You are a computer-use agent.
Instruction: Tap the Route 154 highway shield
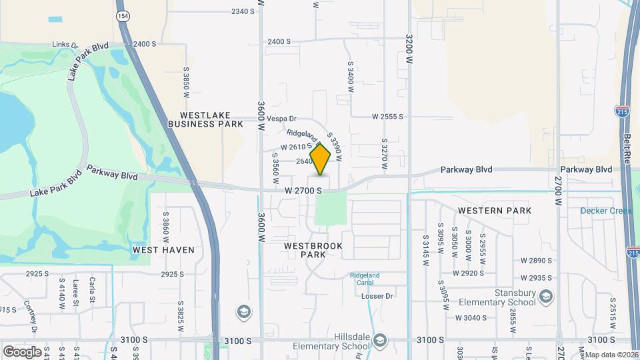click(x=123, y=15)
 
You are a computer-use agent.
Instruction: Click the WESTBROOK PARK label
click(x=313, y=250)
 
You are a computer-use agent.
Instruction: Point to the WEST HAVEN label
click(x=163, y=250)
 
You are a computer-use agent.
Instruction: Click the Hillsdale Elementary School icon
click(x=380, y=341)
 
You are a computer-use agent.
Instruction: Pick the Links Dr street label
click(x=65, y=44)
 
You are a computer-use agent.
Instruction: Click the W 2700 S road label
click(x=303, y=191)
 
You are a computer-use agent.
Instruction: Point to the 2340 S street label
click(x=243, y=11)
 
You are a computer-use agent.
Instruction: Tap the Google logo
click(x=21, y=351)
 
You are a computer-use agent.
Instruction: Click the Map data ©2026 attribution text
click(x=611, y=355)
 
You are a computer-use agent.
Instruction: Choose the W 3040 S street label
click(x=476, y=317)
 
